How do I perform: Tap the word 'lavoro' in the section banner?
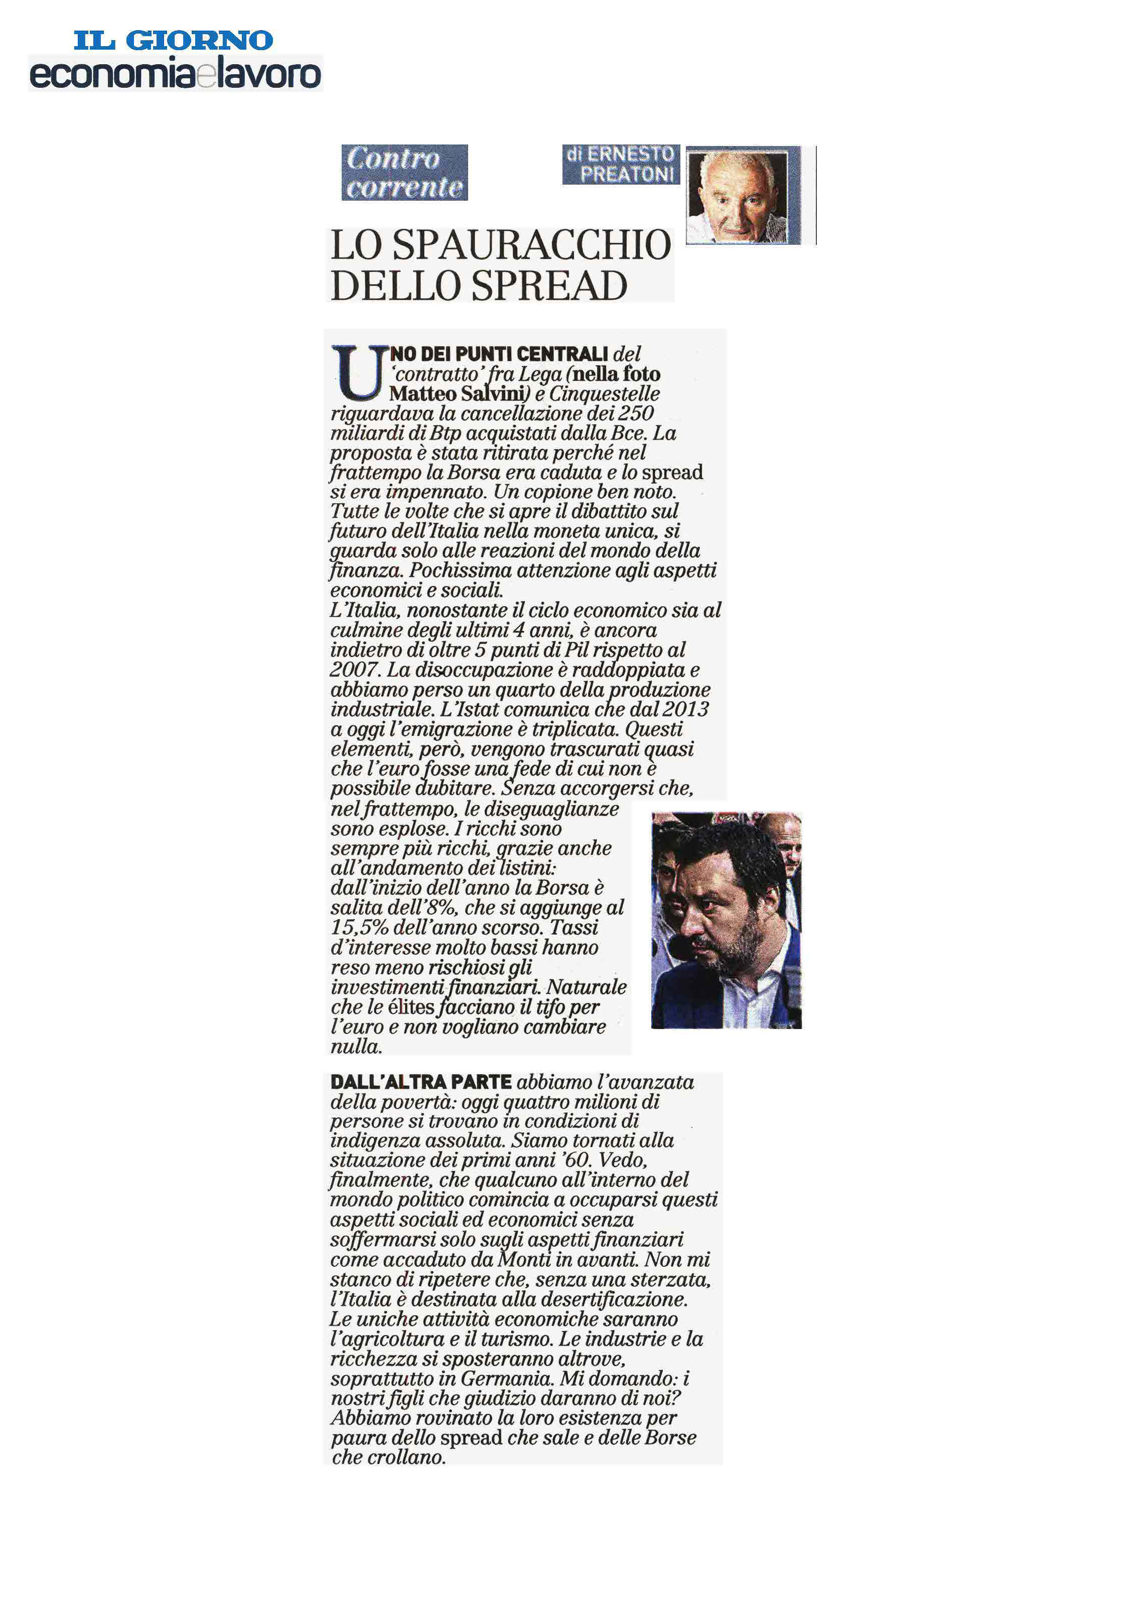pyautogui.click(x=268, y=75)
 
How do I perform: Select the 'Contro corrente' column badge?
pyautogui.click(x=405, y=173)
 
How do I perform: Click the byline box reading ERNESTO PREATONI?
pyautogui.click(x=621, y=164)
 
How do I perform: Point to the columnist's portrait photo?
pyautogui.click(x=738, y=196)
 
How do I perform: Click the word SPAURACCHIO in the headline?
pyautogui.click(x=532, y=245)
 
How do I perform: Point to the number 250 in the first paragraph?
pyautogui.click(x=635, y=413)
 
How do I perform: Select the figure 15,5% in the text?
pyautogui.click(x=359, y=927)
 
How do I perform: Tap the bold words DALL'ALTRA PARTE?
pyautogui.click(x=421, y=1082)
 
